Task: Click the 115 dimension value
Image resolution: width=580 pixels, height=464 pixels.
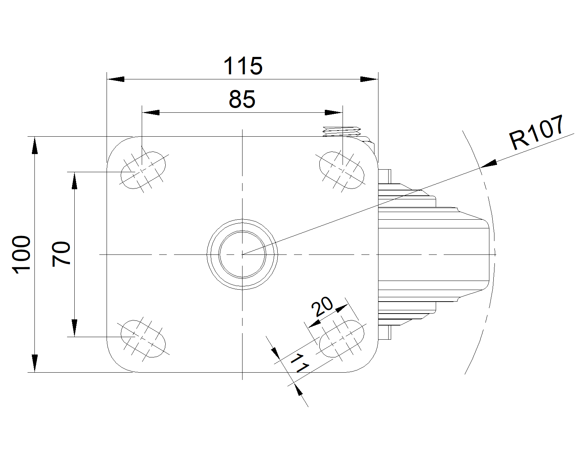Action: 243,66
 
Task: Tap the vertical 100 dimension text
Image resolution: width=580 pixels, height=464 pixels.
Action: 21,254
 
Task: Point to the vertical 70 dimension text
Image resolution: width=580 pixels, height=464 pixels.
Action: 61,254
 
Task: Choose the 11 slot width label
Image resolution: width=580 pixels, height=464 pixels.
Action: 299,364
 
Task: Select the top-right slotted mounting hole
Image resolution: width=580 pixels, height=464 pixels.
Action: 341,170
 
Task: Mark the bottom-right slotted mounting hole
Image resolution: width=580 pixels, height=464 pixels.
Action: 341,338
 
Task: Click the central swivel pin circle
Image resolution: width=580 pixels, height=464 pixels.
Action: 242,254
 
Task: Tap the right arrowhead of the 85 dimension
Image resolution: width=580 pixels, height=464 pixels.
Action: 333,112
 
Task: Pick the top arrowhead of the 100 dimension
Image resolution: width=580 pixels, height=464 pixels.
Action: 34,145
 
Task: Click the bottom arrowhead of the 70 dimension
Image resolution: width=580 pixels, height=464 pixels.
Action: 74,328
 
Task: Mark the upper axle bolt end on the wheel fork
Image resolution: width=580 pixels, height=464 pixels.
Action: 385,175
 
